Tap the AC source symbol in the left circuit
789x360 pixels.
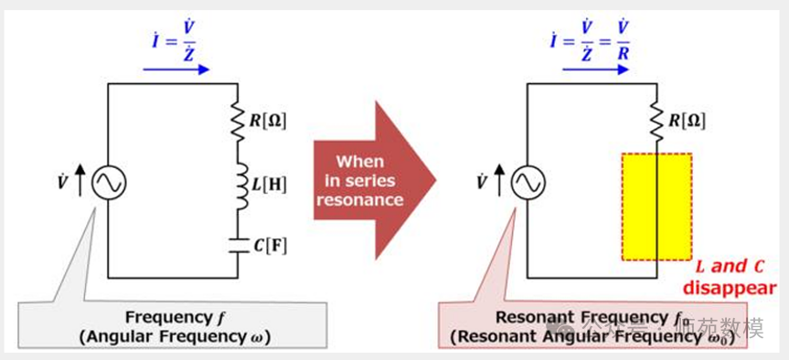click(108, 183)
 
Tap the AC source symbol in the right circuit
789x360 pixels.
click(528, 183)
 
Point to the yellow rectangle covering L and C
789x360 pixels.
click(656, 206)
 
